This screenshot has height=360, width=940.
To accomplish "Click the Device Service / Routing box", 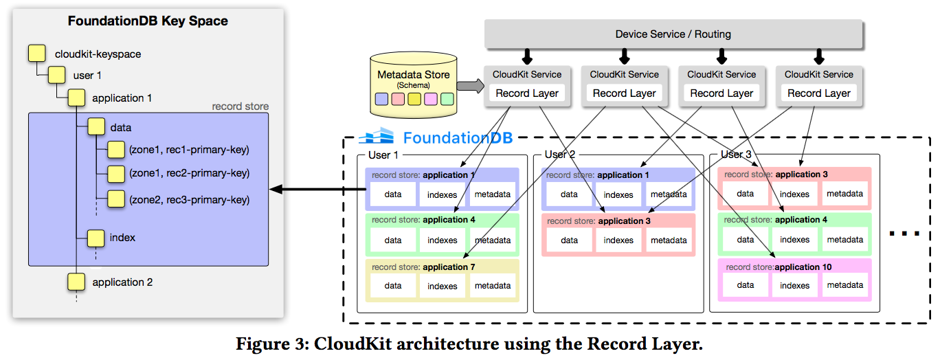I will point(673,34).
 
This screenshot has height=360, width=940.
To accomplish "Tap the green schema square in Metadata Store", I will point(447,99).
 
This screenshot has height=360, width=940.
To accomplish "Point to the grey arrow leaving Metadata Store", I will point(470,86).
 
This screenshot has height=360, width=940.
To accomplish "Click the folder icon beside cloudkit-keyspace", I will point(36,54).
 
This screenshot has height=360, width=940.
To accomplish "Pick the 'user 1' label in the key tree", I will point(87,76).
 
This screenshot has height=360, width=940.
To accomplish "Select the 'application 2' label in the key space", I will point(122,282).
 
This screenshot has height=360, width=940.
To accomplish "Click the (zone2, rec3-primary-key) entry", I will point(189,200).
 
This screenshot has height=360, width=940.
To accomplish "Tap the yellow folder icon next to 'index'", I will point(96,238).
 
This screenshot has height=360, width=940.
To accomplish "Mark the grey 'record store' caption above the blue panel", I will point(240,106).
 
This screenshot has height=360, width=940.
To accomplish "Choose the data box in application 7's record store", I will point(393,286).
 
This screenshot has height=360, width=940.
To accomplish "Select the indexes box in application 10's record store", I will point(794,286).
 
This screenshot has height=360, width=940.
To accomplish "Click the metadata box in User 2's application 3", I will point(669,240).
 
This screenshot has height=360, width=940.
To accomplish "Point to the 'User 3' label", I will point(737,155).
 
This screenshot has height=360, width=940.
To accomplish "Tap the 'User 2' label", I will point(561,155).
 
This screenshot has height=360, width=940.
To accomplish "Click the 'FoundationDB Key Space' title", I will point(148,21).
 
